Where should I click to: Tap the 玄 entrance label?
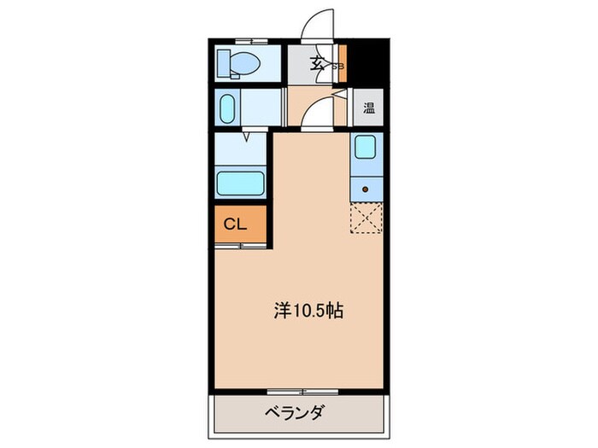[x=316, y=61]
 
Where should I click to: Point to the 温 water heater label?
[x=369, y=108]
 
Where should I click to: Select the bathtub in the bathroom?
[x=242, y=182]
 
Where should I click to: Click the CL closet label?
[x=235, y=224]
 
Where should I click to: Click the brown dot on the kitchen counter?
[x=366, y=189]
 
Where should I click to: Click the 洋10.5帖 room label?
[x=308, y=311]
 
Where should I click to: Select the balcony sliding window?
[x=302, y=392]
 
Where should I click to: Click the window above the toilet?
[x=246, y=39]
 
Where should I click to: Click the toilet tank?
[x=224, y=61]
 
